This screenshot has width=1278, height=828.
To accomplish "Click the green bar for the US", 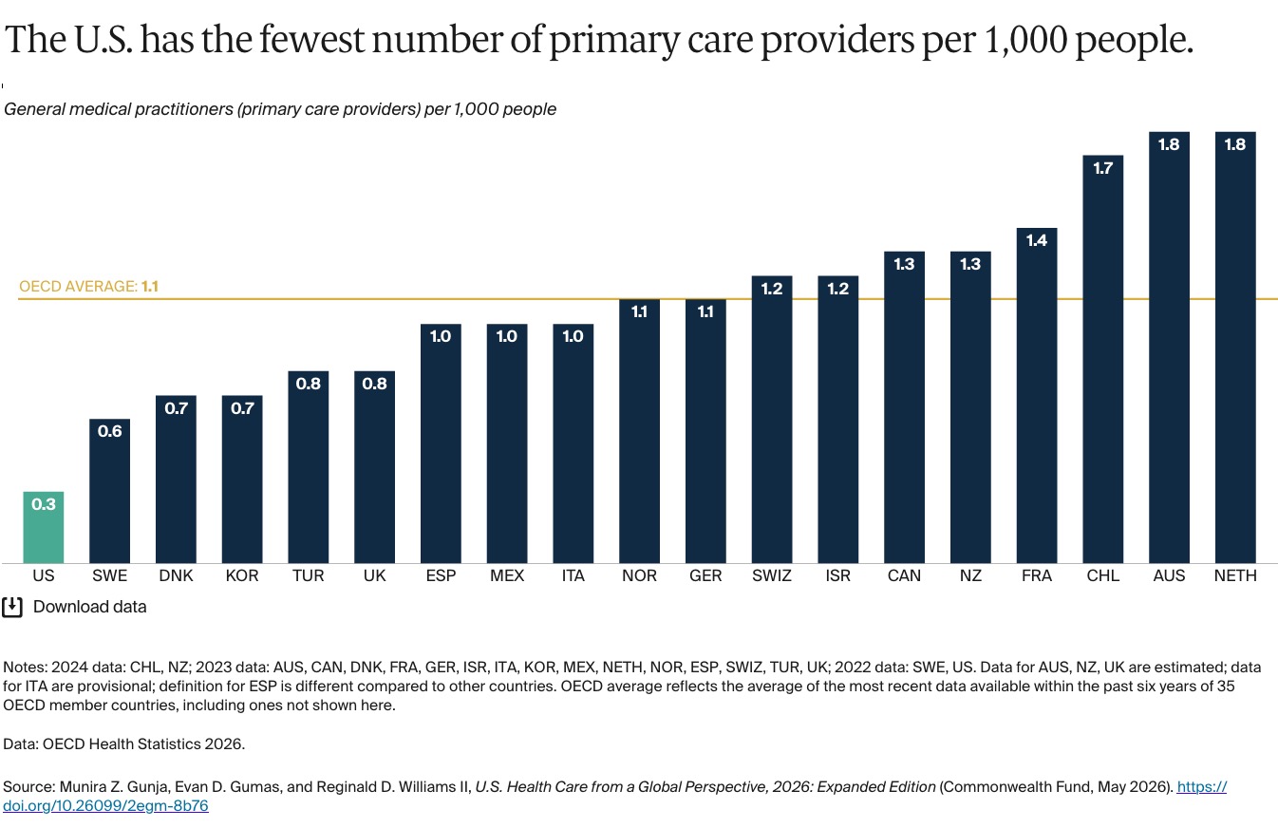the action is tap(44, 527).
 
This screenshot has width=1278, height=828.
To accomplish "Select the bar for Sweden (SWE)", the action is tap(109, 491).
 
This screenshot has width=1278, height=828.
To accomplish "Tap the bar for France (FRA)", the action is tap(1037, 395).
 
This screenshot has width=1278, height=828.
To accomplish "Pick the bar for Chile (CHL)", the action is tap(1103, 360).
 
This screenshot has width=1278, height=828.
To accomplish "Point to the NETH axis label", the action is tap(1235, 575).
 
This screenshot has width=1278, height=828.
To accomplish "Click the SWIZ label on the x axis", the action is tap(772, 575).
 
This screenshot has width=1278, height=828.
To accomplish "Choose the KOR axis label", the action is tap(242, 575).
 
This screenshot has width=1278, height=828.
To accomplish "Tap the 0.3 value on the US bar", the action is tap(44, 504).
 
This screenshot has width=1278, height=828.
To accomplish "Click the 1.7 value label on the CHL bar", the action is tap(1103, 168).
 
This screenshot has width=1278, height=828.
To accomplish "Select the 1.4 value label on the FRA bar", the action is tap(1037, 240).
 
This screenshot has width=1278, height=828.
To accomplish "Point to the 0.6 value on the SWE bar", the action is tap(109, 431).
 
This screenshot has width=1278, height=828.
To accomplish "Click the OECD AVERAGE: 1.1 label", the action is tap(88, 286).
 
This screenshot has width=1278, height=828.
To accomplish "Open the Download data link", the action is tap(89, 607).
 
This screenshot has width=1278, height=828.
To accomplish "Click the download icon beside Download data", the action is tap(12, 607).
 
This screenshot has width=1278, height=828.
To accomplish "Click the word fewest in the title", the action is tap(311, 39).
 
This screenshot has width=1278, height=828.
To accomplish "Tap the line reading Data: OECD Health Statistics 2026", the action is tap(123, 744).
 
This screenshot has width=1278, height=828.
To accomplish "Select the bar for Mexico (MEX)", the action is tap(507, 444).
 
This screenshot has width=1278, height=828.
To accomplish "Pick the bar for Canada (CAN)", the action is tap(904, 407).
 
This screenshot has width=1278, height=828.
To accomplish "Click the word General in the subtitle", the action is tap(42, 109).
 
